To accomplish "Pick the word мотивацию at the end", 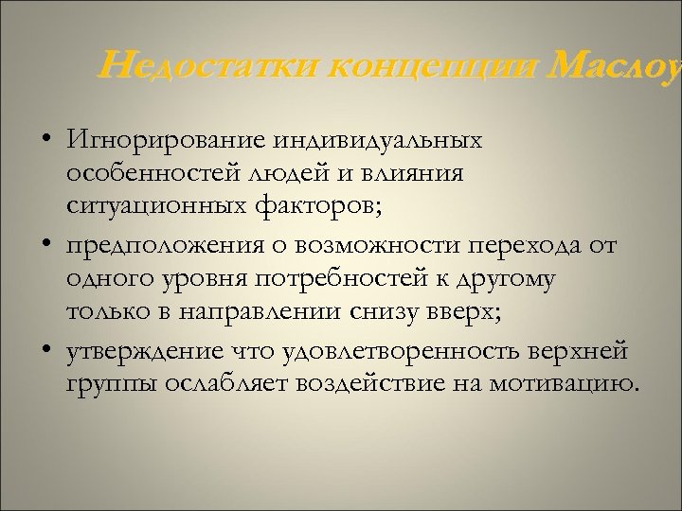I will coord(578,383).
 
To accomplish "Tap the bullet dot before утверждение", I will coord(46,351).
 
